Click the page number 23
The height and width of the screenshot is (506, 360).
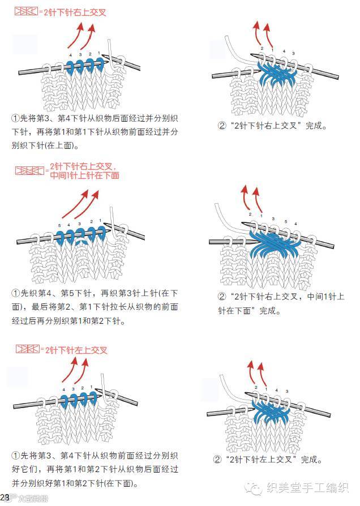pyautogui.click(x=5, y=497)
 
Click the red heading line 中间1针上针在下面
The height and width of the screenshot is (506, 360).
pyautogui.click(x=84, y=175)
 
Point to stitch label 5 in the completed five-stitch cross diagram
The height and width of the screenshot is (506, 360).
pyautogui.click(x=286, y=222)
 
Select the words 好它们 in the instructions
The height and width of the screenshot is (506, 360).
pyautogui.click(x=27, y=469)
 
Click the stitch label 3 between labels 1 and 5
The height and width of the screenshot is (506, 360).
pyautogui.click(x=273, y=218)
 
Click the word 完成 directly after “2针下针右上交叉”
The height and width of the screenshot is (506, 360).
pyautogui.click(x=312, y=126)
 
